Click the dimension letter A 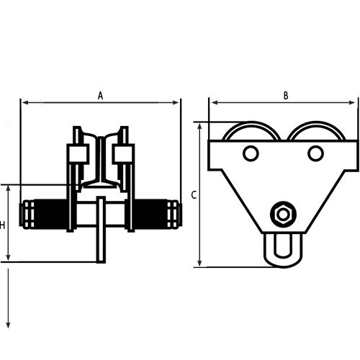pyautogui.click(x=101, y=94)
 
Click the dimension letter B pyautogui.click(x=286, y=95)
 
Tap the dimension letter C pyautogui.click(x=194, y=195)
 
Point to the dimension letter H pyautogui.click(x=3, y=225)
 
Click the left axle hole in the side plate pyautogui.click(x=251, y=153)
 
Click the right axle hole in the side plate pyautogui.click(x=315, y=153)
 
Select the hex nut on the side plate pyautogui.click(x=282, y=215)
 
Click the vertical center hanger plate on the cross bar pyautogui.click(x=101, y=229)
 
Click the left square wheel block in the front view pyautogui.click(x=76, y=154)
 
